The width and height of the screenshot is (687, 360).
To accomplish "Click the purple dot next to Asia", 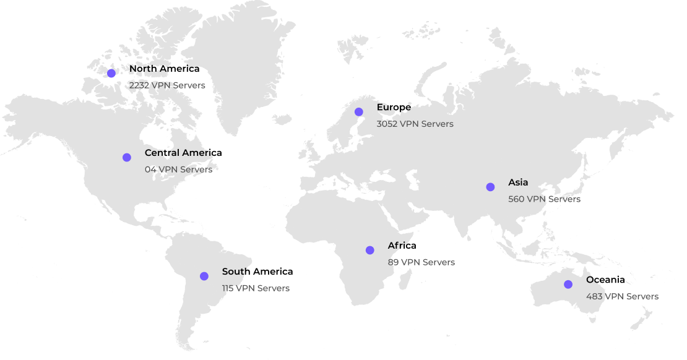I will coord(490,187).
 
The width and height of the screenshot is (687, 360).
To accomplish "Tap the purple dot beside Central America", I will coord(127,157).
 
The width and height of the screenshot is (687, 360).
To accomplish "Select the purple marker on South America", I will coord(204,276).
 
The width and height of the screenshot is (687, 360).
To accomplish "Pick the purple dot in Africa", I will coord(370,250).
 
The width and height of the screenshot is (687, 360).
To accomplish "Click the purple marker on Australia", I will coord(568,284).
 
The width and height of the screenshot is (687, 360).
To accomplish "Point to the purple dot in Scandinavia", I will coord(358,112).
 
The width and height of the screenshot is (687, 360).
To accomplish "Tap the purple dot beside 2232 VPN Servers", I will coord(111,73).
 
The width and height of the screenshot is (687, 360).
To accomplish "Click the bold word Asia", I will coord(518,182).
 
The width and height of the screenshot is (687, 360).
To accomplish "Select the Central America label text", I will coord(178,153).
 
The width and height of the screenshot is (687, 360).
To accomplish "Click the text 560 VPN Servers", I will coord(544,199).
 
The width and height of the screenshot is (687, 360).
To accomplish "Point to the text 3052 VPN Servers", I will coord(415,124).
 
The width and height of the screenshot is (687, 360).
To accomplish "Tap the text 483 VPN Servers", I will coord(622,296).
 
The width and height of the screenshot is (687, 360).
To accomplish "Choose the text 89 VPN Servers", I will coord(421,262).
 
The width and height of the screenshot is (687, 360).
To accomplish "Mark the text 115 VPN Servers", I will coord(256,288).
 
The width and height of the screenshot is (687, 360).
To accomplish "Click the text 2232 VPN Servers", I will coord(167,85).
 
